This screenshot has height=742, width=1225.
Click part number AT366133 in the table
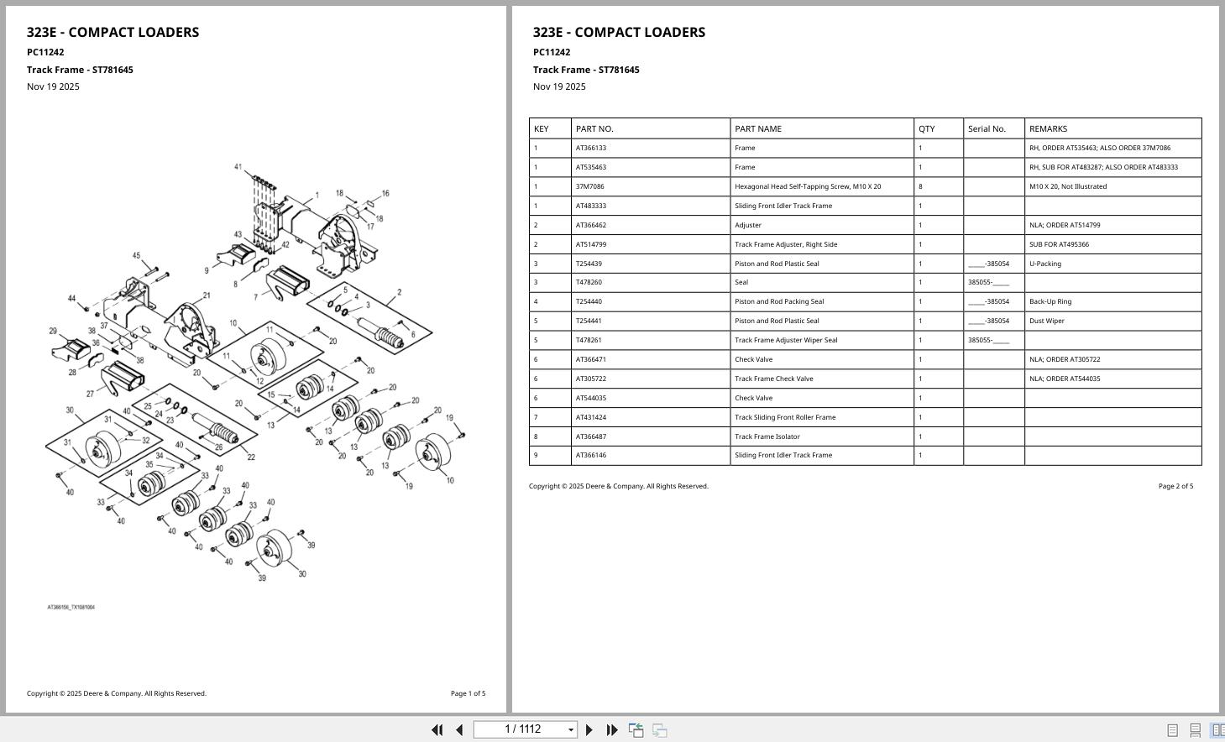(x=591, y=148)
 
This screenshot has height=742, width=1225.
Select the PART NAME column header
(x=757, y=128)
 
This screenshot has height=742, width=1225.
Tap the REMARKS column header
(x=1048, y=128)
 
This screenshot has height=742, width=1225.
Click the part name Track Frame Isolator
(x=767, y=436)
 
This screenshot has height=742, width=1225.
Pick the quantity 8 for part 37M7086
(x=920, y=186)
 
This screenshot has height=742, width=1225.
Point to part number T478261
(x=589, y=340)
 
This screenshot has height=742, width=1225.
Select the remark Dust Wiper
(x=1046, y=321)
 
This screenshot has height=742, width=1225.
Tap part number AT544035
(x=591, y=398)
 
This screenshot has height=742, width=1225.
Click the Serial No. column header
(x=987, y=128)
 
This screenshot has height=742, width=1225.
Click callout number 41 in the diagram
(x=238, y=167)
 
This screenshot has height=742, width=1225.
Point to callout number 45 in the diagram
(x=137, y=255)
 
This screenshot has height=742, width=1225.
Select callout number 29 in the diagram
(x=53, y=332)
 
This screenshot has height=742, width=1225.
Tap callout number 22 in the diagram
(x=251, y=457)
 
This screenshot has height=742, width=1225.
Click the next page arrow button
(x=589, y=730)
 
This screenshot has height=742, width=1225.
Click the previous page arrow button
(x=459, y=730)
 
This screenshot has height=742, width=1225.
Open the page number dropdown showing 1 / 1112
(x=571, y=730)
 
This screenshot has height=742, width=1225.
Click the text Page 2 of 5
(x=1175, y=486)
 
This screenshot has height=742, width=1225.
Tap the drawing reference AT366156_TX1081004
(x=71, y=607)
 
